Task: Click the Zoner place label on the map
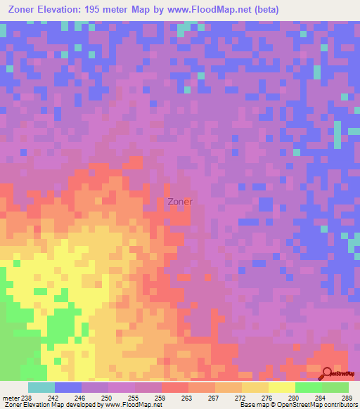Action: tap(181, 201)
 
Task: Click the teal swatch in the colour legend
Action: tap(41, 387)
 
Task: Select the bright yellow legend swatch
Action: tap(281, 387)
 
